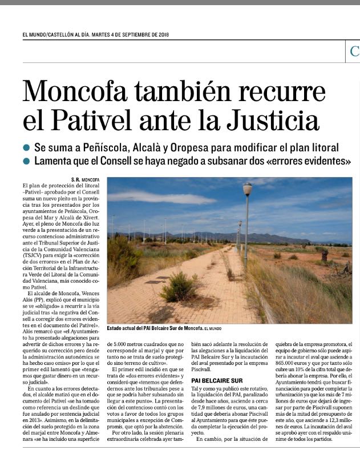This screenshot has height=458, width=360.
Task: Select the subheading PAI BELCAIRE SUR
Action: point(217,379)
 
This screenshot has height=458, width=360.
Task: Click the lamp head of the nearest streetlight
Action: point(247,189)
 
